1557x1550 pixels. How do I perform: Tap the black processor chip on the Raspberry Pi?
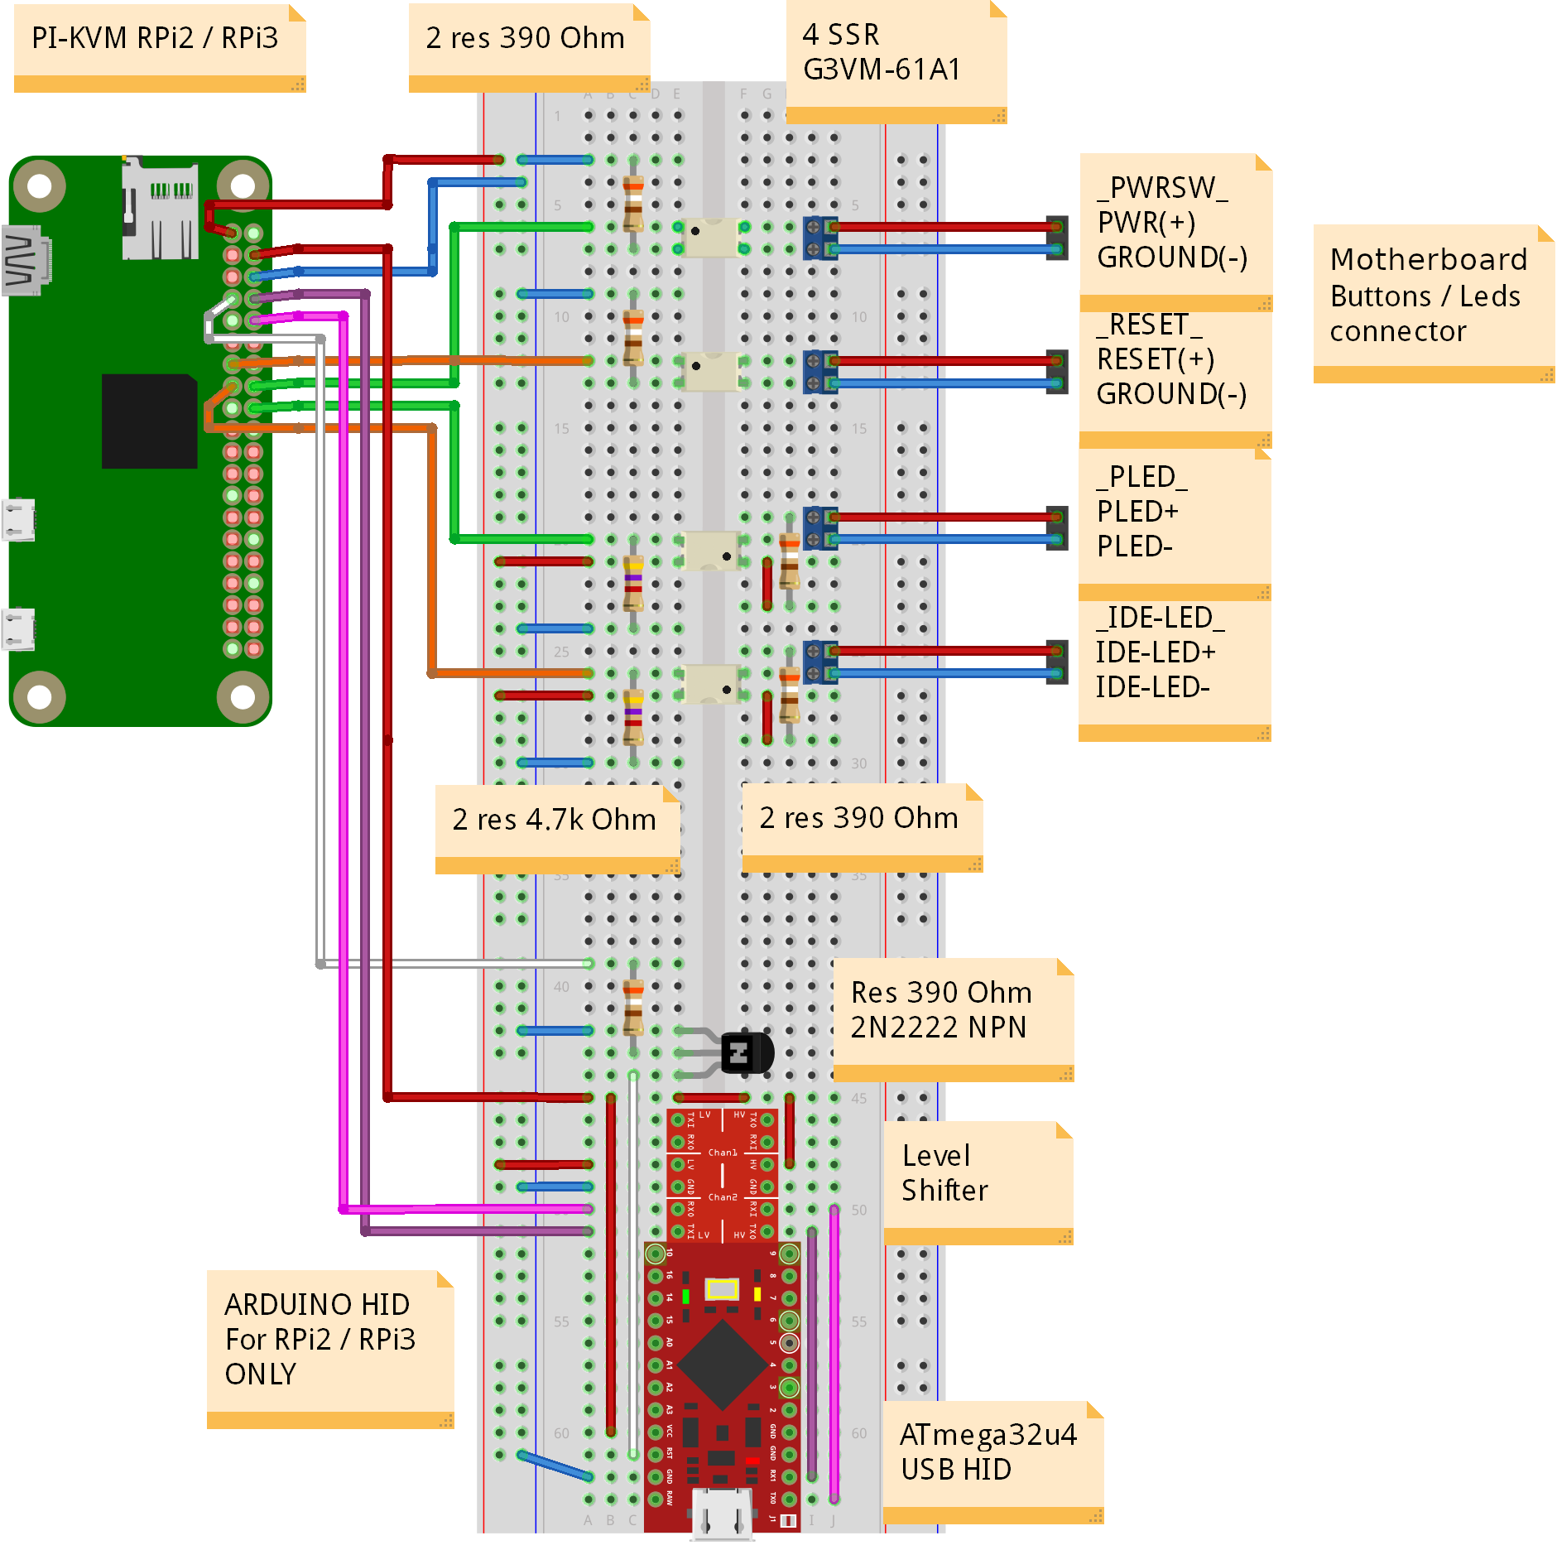click(x=149, y=421)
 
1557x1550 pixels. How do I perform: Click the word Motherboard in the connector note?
click(x=1428, y=259)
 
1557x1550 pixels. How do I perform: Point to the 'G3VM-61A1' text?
click(x=882, y=70)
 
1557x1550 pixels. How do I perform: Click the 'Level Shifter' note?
click(x=978, y=1177)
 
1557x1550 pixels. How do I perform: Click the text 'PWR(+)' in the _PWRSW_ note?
click(x=1146, y=223)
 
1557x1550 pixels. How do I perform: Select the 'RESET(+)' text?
click(x=1156, y=359)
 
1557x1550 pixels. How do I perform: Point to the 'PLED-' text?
click(x=1134, y=546)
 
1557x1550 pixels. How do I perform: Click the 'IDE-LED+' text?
click(x=1156, y=652)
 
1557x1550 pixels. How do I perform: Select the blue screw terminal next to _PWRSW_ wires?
click(x=820, y=237)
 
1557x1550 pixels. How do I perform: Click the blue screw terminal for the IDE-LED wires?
click(x=820, y=662)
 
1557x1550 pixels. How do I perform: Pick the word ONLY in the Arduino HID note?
click(x=260, y=1374)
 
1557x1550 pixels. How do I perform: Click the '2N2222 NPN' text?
click(x=938, y=1028)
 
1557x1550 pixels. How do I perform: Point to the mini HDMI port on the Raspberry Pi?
click(x=25, y=260)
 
